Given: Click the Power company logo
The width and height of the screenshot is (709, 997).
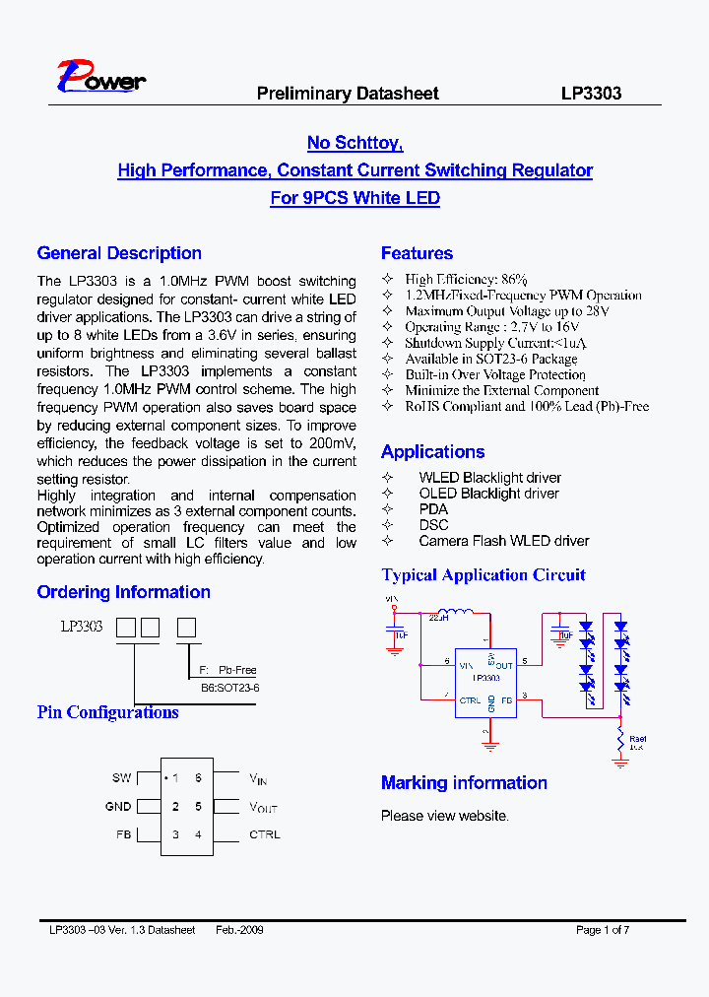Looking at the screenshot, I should (100, 78).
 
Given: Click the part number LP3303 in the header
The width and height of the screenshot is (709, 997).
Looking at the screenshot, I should (591, 94).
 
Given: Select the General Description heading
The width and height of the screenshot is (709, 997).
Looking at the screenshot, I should (119, 253).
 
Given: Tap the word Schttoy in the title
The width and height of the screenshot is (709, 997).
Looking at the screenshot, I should (366, 143).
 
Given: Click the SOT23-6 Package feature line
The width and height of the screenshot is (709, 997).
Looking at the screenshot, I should (491, 359).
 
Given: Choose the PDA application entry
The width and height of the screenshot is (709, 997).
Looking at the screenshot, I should (433, 509).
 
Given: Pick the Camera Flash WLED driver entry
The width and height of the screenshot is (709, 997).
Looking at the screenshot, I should (503, 541).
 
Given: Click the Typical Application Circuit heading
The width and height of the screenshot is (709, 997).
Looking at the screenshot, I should (483, 575).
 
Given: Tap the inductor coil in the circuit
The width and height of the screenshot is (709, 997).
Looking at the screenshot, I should (455, 612).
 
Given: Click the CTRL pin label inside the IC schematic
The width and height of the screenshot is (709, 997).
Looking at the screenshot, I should (471, 700).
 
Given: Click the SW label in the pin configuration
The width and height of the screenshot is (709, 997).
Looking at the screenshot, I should (121, 778).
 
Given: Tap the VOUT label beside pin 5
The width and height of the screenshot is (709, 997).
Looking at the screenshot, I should (263, 807).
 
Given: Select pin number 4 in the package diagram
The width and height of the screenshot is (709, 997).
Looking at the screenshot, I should (198, 834).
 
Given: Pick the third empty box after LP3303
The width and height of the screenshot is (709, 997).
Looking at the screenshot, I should (186, 627).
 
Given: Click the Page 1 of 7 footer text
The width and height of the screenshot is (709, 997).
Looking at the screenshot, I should (602, 930).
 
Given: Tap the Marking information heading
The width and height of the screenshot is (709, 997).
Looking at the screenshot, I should (464, 783).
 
